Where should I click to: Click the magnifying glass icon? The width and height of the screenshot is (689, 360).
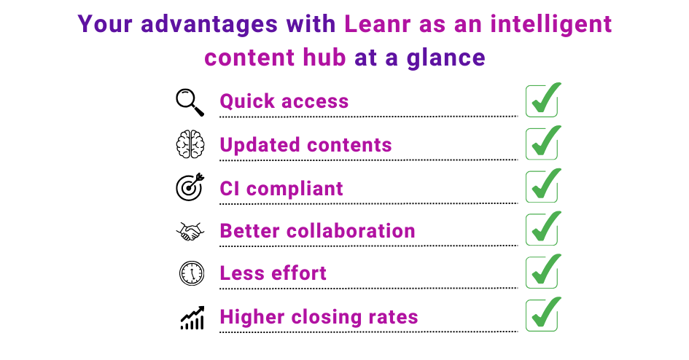(190, 102)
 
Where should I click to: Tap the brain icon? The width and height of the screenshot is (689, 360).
(190, 145)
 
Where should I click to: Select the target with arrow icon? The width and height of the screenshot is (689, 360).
(190, 187)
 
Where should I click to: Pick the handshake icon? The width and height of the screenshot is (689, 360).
(190, 231)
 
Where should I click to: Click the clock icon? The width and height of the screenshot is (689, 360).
(190, 273)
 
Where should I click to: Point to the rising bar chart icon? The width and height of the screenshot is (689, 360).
(192, 317)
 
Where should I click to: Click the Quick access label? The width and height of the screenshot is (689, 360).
(284, 102)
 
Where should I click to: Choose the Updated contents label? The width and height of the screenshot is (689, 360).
(305, 145)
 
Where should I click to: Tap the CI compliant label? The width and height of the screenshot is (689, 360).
(281, 188)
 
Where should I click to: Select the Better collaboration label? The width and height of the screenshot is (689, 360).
(317, 231)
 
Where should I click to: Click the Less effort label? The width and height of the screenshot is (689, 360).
(273, 274)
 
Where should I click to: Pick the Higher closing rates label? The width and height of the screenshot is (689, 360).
(319, 318)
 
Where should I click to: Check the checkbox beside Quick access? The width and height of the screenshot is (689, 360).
(542, 101)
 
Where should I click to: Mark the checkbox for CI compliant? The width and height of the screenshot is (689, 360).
(542, 187)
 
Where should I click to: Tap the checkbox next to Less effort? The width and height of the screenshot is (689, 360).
(542, 273)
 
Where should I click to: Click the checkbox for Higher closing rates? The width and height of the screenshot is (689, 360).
(542, 316)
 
